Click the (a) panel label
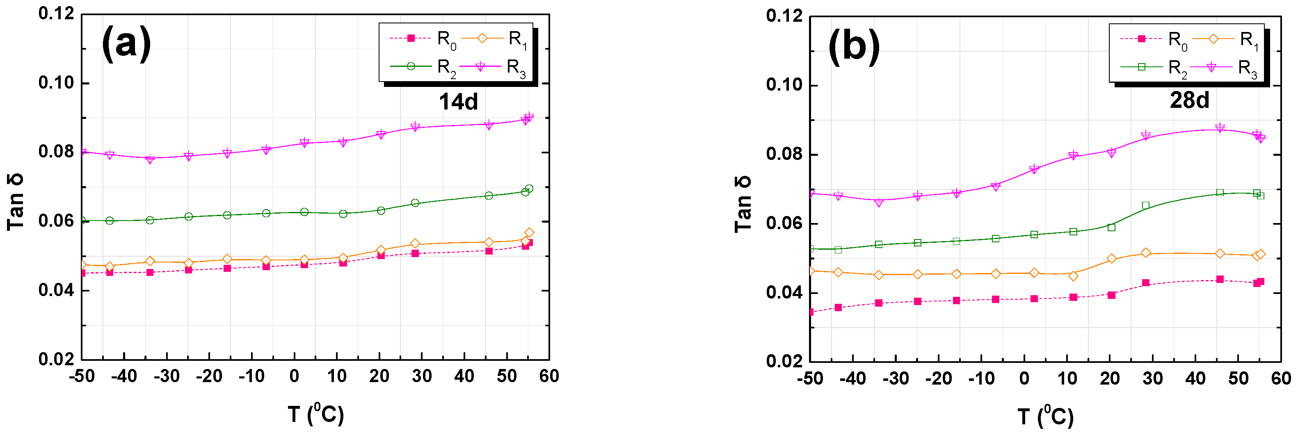pyautogui.click(x=126, y=44)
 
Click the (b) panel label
pyautogui.click(x=854, y=46)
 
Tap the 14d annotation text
pyautogui.click(x=458, y=102)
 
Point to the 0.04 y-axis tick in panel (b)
pyautogui.click(x=784, y=293)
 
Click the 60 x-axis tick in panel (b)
pyautogui.click(x=1280, y=378)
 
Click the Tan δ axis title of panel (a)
pyautogui.click(x=15, y=201)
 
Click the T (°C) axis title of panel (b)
pyautogui.click(x=1046, y=417)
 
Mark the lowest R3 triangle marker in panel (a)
pyautogui.click(x=150, y=159)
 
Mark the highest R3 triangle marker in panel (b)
pyautogui.click(x=1219, y=128)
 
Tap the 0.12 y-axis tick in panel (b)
pyautogui.click(x=784, y=16)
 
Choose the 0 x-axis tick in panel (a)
pyautogui.click(x=294, y=377)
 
